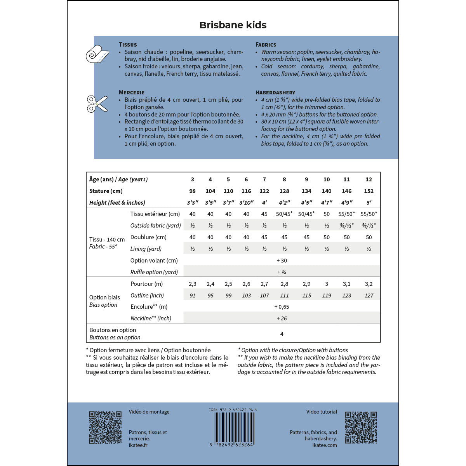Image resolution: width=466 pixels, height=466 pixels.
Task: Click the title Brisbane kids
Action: click(x=233, y=25)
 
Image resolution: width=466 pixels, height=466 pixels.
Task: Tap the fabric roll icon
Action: click(x=97, y=54)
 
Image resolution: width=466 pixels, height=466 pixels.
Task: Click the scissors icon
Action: click(x=97, y=104)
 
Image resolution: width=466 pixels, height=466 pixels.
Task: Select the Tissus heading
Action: click(x=128, y=45)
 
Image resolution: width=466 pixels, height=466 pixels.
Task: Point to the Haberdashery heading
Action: click(x=275, y=92)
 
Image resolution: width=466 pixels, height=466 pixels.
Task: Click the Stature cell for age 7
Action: click(x=264, y=191)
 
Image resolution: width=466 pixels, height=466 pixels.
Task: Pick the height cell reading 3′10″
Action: click(x=246, y=203)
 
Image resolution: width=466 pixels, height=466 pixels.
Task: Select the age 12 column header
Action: click(x=369, y=179)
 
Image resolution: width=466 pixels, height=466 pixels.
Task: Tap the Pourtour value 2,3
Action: click(x=192, y=284)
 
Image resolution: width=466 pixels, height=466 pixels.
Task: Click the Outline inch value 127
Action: click(x=369, y=296)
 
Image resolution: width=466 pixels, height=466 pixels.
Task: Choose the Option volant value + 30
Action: click(x=282, y=261)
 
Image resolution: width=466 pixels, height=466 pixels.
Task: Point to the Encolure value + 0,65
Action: click(x=282, y=307)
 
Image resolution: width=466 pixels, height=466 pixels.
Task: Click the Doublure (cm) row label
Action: click(x=148, y=237)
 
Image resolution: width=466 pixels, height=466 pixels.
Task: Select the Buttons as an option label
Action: click(x=115, y=337)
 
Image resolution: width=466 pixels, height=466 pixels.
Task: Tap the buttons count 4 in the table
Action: click(x=282, y=334)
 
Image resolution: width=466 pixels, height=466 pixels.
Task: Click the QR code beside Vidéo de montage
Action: click(x=105, y=428)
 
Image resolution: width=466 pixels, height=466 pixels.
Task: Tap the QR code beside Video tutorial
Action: click(x=360, y=428)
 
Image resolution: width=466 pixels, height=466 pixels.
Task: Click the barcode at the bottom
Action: click(x=233, y=427)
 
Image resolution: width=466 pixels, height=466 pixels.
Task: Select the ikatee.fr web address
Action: click(x=138, y=445)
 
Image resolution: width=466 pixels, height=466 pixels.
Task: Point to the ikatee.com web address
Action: click(x=325, y=445)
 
